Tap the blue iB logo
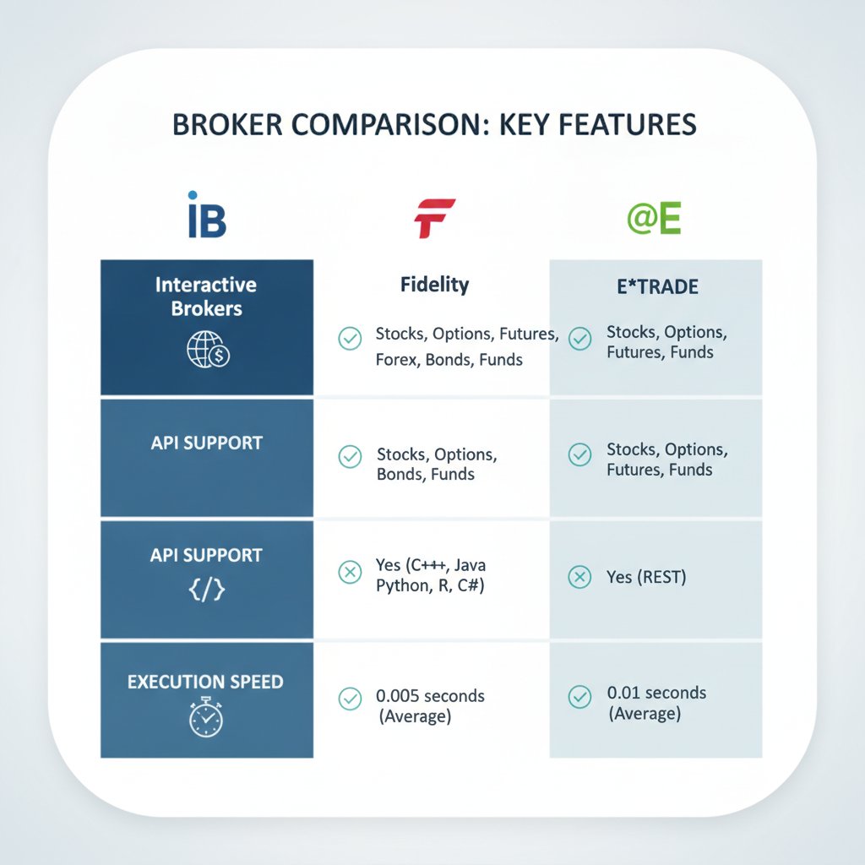point(207,215)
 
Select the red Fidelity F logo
point(435,219)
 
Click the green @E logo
point(655,218)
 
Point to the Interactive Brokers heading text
point(206,296)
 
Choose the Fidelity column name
point(435,285)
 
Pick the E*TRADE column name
point(657,287)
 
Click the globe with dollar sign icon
point(208,350)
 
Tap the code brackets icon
point(207,589)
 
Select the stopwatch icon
point(206,717)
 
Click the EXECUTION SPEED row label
point(205,682)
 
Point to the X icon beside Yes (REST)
point(579,577)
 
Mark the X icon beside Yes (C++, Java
point(350,572)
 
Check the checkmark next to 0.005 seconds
point(350,699)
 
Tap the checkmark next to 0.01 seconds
point(579,697)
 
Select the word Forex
point(398,360)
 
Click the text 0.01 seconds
point(656,693)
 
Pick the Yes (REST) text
point(646,577)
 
